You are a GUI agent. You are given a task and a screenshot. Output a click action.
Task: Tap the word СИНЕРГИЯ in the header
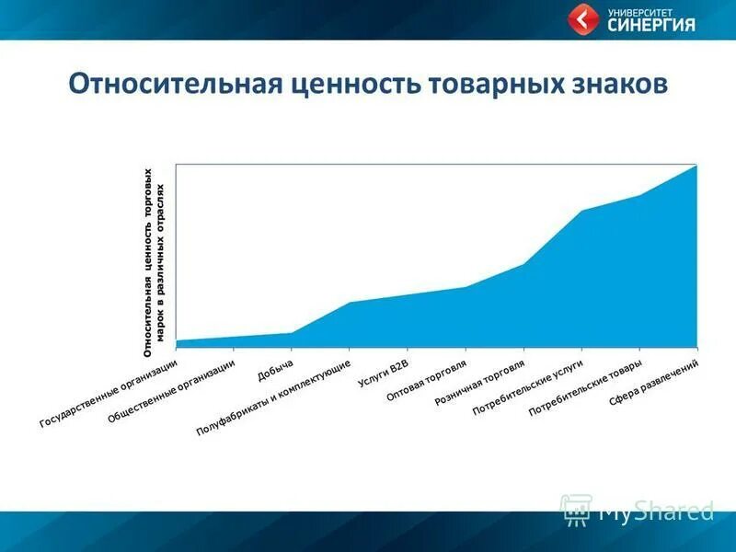tap(651, 26)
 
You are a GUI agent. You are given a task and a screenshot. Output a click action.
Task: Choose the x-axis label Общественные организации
tap(171, 390)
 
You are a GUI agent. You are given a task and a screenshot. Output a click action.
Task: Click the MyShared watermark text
tap(655, 511)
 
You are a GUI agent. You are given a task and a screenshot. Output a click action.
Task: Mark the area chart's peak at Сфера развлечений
tap(696, 166)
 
